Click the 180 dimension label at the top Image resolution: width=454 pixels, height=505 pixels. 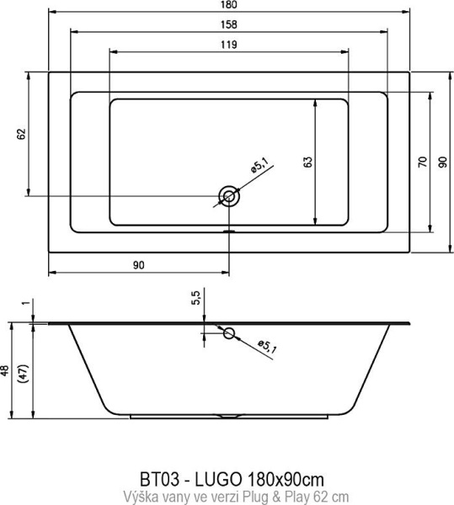pos(229,4)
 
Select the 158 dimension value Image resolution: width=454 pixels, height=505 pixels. pos(229,24)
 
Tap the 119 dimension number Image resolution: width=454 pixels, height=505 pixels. pos(229,45)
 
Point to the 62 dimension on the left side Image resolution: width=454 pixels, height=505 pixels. pos(21,134)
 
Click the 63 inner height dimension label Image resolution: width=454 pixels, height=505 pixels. pos(307,162)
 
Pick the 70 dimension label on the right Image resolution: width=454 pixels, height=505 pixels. pos(423,162)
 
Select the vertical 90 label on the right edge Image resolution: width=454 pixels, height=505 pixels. pos(443,162)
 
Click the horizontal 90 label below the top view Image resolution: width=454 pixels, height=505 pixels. pos(138,265)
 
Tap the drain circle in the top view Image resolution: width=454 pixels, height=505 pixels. pos(229,196)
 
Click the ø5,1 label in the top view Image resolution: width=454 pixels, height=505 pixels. pos(259,165)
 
